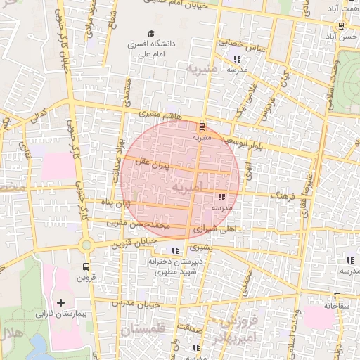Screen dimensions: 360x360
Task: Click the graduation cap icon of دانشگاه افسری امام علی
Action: (151, 33)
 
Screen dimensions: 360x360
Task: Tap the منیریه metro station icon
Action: (202, 127)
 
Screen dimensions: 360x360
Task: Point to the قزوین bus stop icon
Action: (86, 267)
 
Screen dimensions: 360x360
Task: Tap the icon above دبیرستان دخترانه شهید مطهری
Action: (175, 250)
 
